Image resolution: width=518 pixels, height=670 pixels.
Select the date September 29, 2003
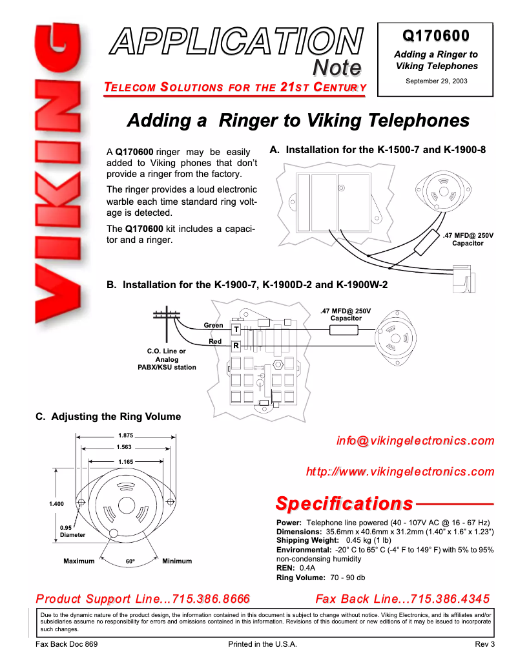[436, 81]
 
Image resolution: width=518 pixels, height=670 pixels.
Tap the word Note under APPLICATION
[336, 67]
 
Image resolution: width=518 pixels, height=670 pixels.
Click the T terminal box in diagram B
[236, 330]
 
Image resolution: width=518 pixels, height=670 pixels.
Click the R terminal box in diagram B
[236, 346]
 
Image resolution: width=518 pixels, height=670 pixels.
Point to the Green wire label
[213, 325]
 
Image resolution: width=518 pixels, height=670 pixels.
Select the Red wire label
[215, 341]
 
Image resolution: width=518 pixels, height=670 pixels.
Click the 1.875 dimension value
[125, 436]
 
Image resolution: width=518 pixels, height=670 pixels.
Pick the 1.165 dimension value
[125, 461]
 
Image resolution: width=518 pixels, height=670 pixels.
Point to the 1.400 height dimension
[57, 503]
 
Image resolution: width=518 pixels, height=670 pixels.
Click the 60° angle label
[130, 561]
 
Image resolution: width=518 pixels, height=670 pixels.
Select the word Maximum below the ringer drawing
[79, 561]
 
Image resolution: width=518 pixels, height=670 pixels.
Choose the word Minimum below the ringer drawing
[177, 561]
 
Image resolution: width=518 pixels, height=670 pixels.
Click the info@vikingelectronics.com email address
[415, 441]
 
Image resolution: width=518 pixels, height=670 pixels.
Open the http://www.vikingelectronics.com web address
[400, 472]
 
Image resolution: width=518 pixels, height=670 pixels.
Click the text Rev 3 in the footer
[484, 645]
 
